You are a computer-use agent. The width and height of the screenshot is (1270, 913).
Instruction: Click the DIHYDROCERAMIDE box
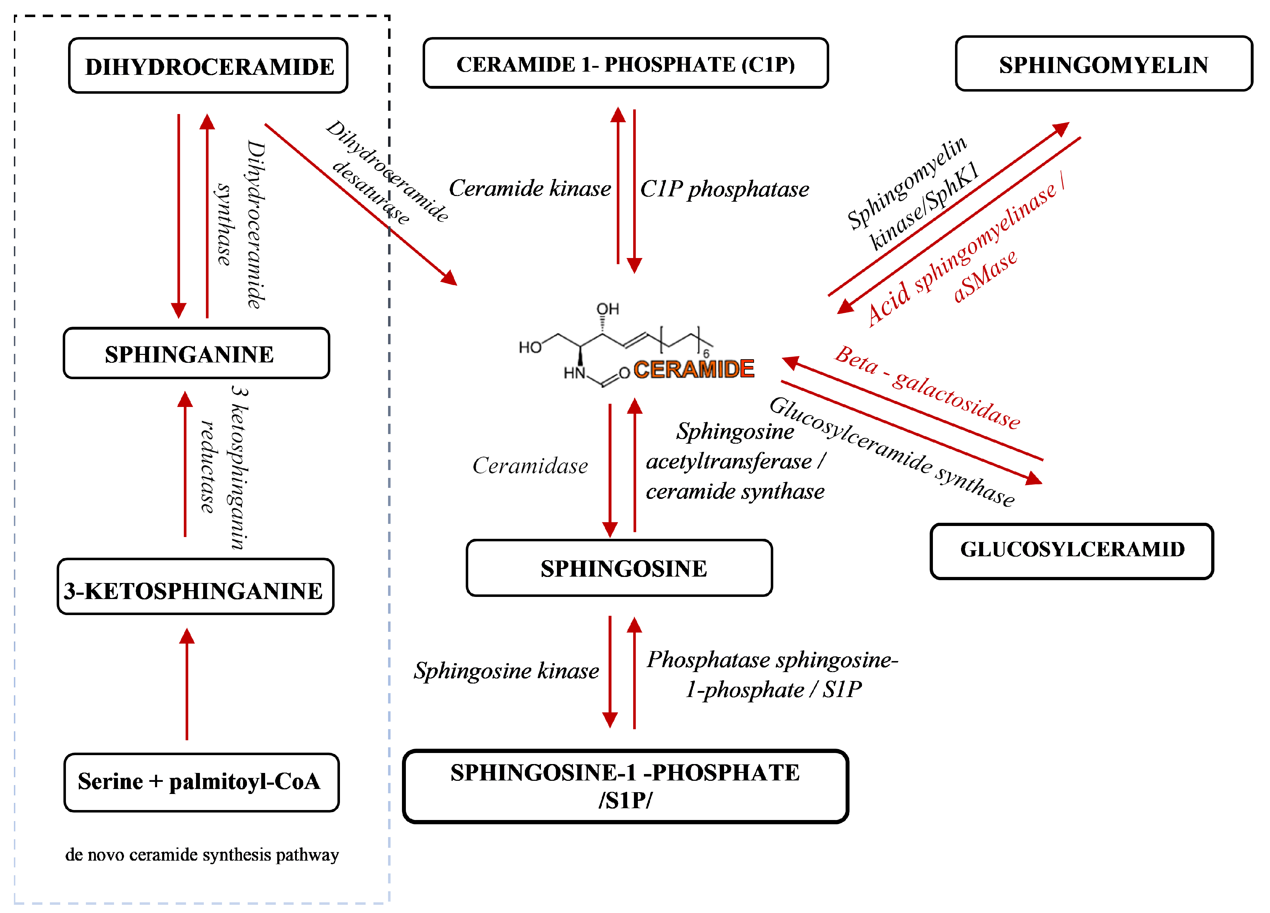pyautogui.click(x=208, y=66)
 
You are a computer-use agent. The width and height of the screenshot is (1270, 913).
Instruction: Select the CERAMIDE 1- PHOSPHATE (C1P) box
pyautogui.click(x=625, y=63)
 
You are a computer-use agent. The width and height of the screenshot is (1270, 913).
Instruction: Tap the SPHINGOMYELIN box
pyautogui.click(x=1103, y=64)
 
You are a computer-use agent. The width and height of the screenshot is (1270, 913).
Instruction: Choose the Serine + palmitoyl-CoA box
pyautogui.click(x=201, y=782)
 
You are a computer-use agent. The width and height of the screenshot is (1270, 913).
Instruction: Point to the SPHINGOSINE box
pyautogui.click(x=619, y=568)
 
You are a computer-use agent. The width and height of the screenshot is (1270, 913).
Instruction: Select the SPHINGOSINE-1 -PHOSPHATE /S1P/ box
pyautogui.click(x=625, y=786)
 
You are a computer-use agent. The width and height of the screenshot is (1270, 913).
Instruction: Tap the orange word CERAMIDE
pyautogui.click(x=694, y=369)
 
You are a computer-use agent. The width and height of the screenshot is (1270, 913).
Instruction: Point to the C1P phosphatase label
pyautogui.click(x=724, y=189)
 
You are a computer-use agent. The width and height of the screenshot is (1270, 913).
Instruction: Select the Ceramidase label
pyautogui.click(x=530, y=465)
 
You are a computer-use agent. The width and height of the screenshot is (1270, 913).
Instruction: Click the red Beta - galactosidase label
pyautogui.click(x=927, y=387)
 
